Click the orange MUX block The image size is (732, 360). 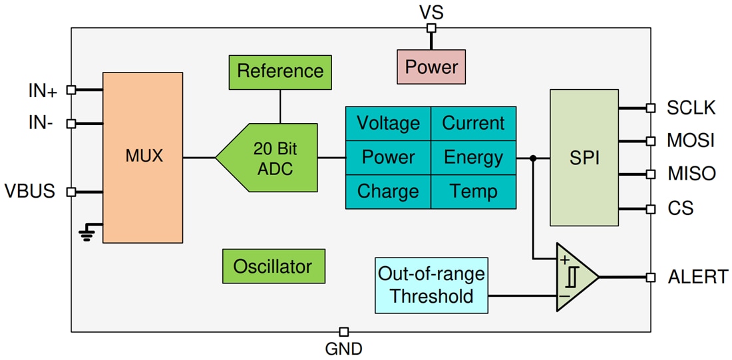(142, 158)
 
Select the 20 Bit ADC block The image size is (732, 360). (273, 158)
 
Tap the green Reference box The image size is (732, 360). (280, 71)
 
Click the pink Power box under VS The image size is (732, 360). (431, 67)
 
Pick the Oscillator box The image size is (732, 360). (273, 267)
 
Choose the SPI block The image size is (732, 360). (584, 158)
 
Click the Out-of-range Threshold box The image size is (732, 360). (431, 285)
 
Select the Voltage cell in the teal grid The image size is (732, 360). (388, 123)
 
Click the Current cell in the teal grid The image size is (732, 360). (473, 123)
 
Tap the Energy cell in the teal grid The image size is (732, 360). (473, 158)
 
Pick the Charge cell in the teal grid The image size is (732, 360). (388, 192)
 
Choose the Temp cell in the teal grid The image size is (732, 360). (473, 192)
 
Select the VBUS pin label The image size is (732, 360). (32, 192)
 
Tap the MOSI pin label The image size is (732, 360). (691, 140)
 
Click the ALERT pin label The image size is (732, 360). (697, 277)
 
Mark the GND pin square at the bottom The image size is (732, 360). (344, 331)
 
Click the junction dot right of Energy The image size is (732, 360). (532, 158)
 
